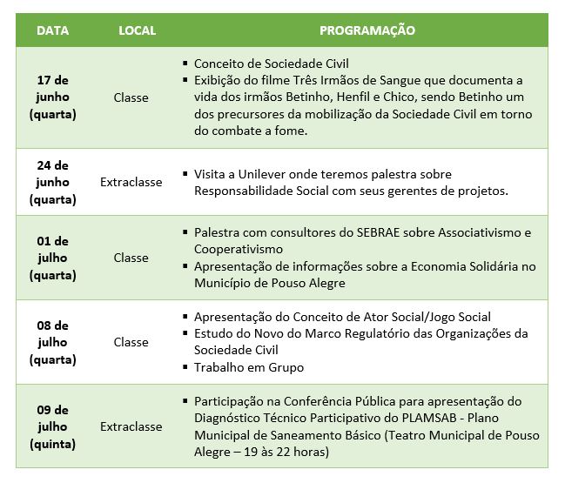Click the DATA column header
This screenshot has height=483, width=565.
pyautogui.click(x=53, y=30)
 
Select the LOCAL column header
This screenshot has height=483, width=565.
pyautogui.click(x=137, y=30)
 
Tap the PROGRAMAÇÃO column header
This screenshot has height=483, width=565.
pyautogui.click(x=367, y=30)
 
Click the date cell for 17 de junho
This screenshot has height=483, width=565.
pyautogui.click(x=53, y=97)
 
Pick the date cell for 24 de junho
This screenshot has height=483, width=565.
pyautogui.click(x=53, y=182)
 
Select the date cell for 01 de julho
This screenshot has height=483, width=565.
pyautogui.click(x=53, y=258)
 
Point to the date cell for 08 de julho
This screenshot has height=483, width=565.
pyautogui.click(x=53, y=342)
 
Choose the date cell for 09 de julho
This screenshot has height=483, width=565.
pyautogui.click(x=53, y=426)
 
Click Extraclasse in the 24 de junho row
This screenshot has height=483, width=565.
pyautogui.click(x=131, y=182)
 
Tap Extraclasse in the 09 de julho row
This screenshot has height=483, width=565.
pyautogui.click(x=131, y=426)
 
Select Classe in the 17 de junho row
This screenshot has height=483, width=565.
pyautogui.click(x=131, y=97)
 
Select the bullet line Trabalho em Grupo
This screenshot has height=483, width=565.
pyautogui.click(x=248, y=367)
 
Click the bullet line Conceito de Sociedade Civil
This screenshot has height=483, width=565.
pyautogui.click(x=259, y=64)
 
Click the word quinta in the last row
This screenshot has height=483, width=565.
pyautogui.click(x=53, y=444)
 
